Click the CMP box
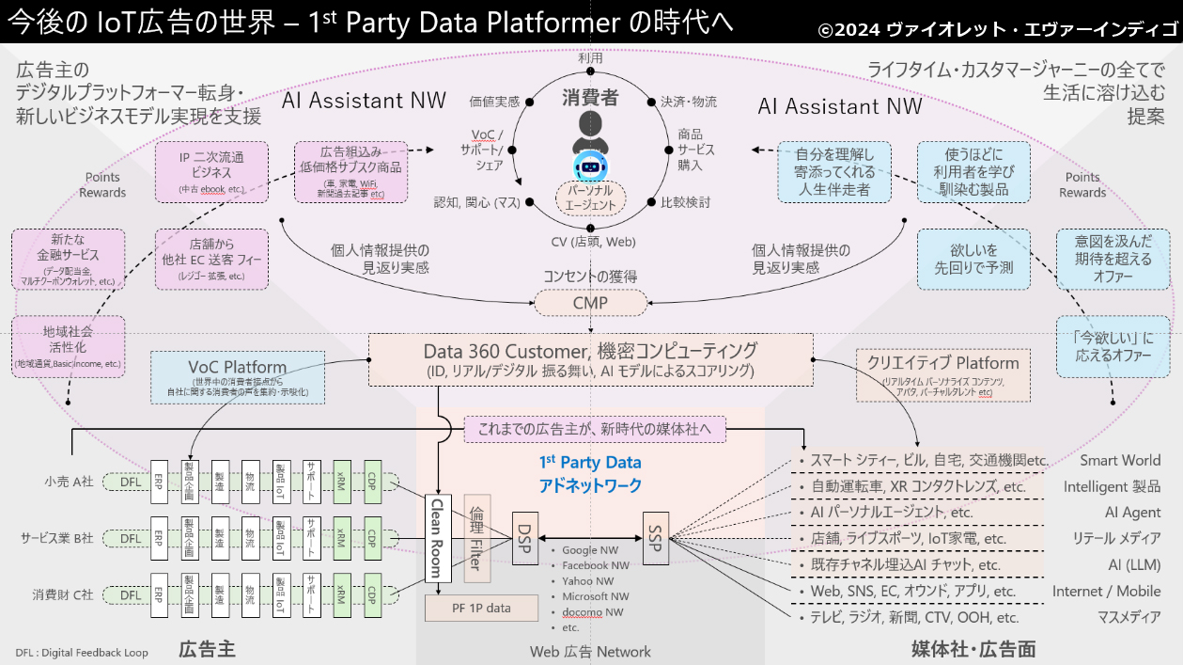(590, 304)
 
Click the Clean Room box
(436, 538)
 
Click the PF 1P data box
(481, 608)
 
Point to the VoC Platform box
(238, 376)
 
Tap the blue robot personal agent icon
(591, 166)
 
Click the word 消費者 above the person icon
(590, 97)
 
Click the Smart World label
(1119, 461)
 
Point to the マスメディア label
(1129, 618)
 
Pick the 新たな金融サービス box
(68, 259)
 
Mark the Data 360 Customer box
(590, 359)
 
